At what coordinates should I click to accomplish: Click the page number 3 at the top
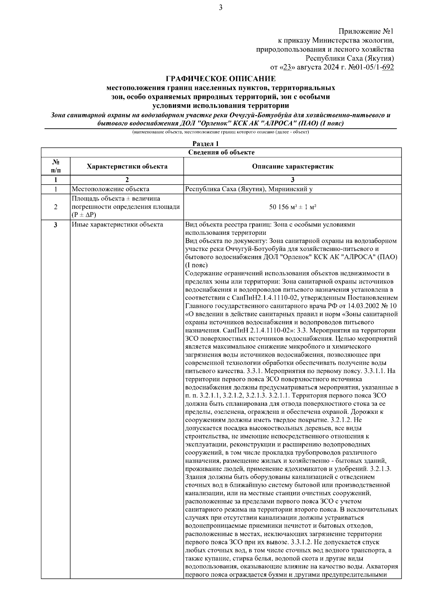click(x=220, y=8)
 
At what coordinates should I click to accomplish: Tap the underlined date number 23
click(x=287, y=67)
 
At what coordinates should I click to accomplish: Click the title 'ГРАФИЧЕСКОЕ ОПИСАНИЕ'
click(x=221, y=78)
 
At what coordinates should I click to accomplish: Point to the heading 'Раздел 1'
click(x=206, y=144)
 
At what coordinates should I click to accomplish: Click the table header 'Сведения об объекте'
click(x=221, y=152)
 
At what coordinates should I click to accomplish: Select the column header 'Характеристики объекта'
click(x=127, y=166)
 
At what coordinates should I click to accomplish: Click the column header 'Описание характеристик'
click(x=292, y=166)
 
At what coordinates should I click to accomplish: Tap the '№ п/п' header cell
click(x=55, y=166)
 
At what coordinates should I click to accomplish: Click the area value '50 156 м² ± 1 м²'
click(x=292, y=207)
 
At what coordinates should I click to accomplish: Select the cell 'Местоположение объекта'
click(x=110, y=190)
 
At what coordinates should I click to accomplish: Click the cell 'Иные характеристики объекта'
click(x=117, y=225)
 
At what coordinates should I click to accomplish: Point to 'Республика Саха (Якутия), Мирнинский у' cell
click(x=248, y=190)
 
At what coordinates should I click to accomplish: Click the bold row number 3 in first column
click(x=55, y=225)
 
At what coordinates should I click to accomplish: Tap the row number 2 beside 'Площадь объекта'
click(x=55, y=207)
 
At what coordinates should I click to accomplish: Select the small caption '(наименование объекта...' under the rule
click(x=220, y=132)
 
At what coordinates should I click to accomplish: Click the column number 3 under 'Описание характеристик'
click(x=292, y=180)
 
